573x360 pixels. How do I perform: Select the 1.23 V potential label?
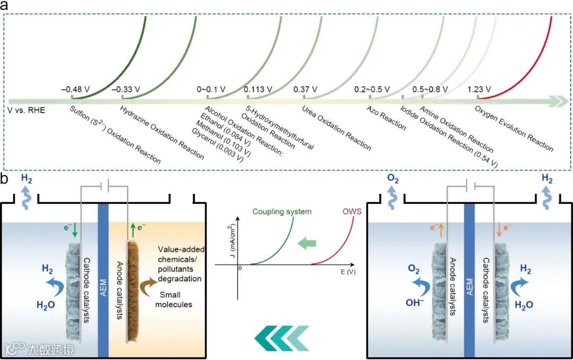click(479, 89)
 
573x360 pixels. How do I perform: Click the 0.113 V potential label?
click(258, 89)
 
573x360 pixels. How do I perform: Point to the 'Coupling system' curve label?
click(282, 212)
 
